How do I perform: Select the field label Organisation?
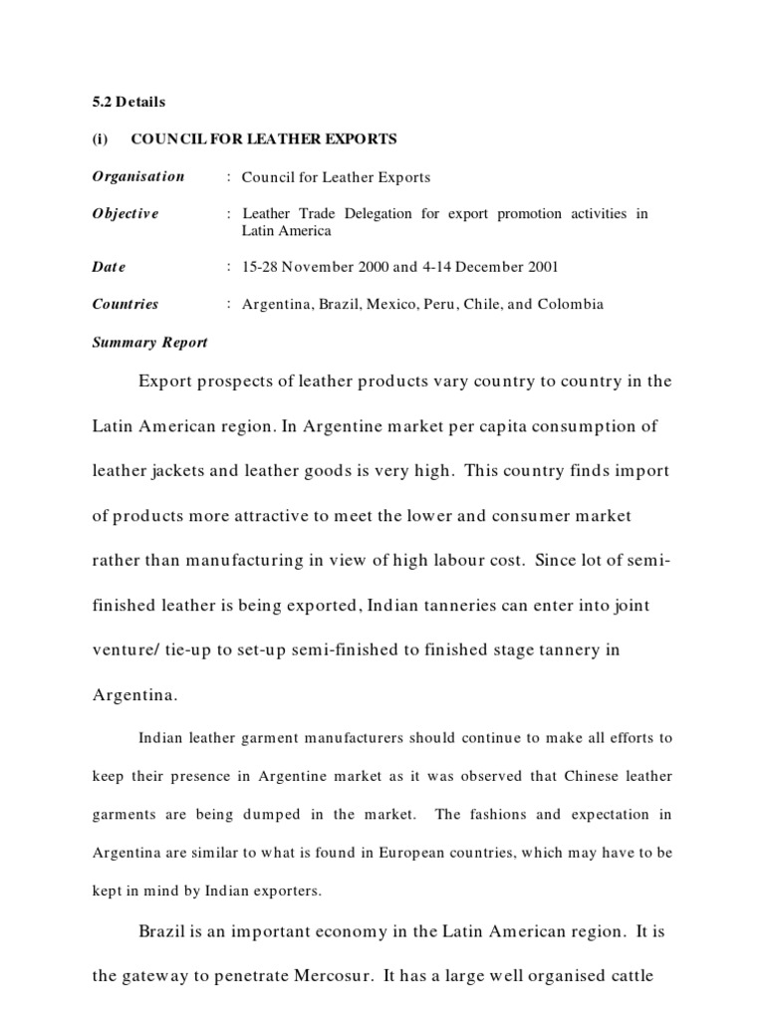[x=138, y=176]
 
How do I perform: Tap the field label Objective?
[x=126, y=213]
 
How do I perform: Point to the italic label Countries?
[x=126, y=304]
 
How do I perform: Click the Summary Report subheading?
[x=150, y=342]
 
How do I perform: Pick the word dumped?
[x=275, y=814]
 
